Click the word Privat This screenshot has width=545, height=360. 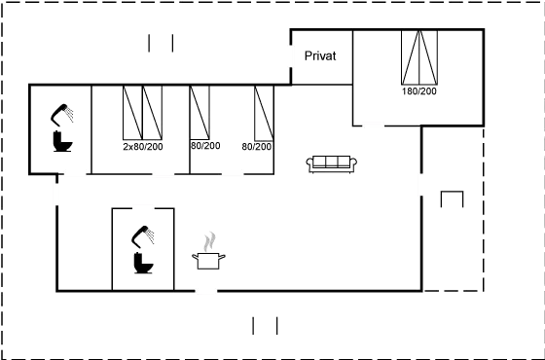click(320, 56)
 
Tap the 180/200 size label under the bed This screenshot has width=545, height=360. click(421, 93)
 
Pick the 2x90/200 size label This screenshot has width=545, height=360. click(142, 146)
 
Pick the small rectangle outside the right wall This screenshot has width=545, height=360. click(453, 200)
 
